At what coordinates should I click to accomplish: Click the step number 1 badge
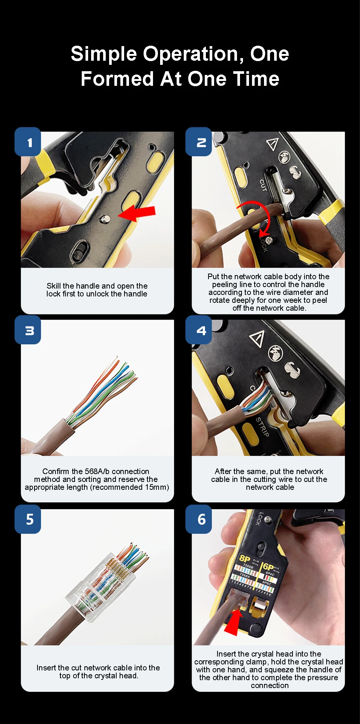pyautogui.click(x=28, y=142)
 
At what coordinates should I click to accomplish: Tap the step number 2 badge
pyautogui.click(x=199, y=142)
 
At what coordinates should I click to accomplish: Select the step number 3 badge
pyautogui.click(x=28, y=330)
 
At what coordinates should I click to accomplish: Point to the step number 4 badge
pyautogui.click(x=199, y=330)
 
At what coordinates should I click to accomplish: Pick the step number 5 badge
pyautogui.click(x=28, y=519)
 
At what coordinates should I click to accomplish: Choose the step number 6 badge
pyautogui.click(x=199, y=519)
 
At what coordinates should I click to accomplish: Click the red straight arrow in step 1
pyautogui.click(x=136, y=214)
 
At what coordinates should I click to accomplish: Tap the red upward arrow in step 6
pyautogui.click(x=234, y=622)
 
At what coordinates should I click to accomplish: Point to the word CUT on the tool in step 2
pyautogui.click(x=263, y=185)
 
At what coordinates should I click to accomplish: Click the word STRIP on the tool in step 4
pyautogui.click(x=262, y=426)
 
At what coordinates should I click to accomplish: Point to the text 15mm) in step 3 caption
pyautogui.click(x=157, y=487)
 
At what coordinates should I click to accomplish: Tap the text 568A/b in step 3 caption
pyautogui.click(x=97, y=471)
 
